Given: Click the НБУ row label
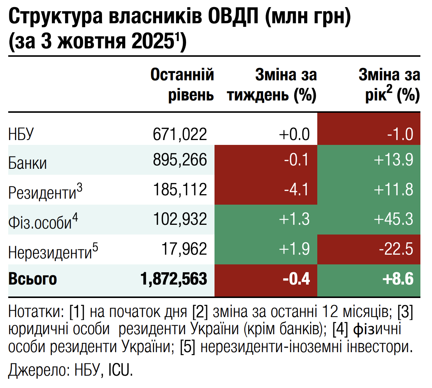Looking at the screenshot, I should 21,134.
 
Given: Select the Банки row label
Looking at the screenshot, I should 28,163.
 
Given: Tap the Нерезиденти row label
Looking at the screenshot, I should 50,252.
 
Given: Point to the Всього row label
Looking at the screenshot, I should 33,279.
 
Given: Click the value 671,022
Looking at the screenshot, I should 180,134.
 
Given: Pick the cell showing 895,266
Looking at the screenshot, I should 180,160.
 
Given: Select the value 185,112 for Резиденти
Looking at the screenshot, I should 180,189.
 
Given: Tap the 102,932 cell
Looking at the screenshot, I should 180,219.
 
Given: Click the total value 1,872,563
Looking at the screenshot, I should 174,279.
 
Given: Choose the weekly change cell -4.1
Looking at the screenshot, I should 296,189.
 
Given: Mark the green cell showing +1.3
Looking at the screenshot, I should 294,219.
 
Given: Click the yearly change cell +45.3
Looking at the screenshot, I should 394,219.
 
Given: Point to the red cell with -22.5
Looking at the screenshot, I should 396,249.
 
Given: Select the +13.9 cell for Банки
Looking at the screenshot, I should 394,160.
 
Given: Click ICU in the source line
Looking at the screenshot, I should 120,370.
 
